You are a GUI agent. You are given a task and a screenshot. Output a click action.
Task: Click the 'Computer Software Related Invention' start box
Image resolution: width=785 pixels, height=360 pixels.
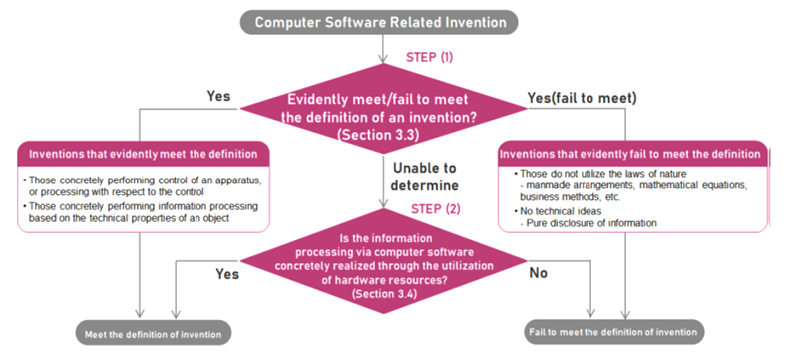click(379, 22)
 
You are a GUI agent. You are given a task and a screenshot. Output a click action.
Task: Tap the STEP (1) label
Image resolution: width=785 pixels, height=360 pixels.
click(430, 57)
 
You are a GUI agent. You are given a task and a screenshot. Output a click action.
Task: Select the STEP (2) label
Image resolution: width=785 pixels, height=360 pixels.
click(436, 208)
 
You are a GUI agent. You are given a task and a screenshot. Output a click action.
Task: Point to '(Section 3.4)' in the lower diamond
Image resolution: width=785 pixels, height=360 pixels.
click(383, 293)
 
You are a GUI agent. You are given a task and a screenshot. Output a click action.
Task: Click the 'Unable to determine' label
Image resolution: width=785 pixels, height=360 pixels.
click(425, 177)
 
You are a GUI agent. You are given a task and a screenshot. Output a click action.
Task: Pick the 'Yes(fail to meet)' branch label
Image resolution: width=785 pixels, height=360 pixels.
click(583, 98)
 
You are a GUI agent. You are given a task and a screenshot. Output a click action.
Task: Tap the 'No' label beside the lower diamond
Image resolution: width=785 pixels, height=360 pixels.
click(539, 273)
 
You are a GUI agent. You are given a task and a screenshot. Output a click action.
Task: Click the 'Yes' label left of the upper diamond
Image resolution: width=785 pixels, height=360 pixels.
click(218, 96)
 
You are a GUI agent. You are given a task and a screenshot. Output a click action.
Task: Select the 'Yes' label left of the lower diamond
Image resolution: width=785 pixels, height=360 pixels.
click(227, 274)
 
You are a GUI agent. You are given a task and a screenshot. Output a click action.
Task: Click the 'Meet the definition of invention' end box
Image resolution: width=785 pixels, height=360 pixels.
click(154, 334)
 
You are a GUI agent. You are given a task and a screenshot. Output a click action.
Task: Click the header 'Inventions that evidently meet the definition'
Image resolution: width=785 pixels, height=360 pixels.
click(144, 154)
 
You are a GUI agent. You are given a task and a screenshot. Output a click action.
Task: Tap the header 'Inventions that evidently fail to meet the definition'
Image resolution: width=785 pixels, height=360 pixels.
click(632, 154)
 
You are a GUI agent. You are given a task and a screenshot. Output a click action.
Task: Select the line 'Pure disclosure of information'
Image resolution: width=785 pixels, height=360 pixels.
click(589, 223)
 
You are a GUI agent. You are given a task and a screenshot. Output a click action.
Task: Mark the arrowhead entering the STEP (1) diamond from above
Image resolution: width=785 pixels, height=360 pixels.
click(383, 58)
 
